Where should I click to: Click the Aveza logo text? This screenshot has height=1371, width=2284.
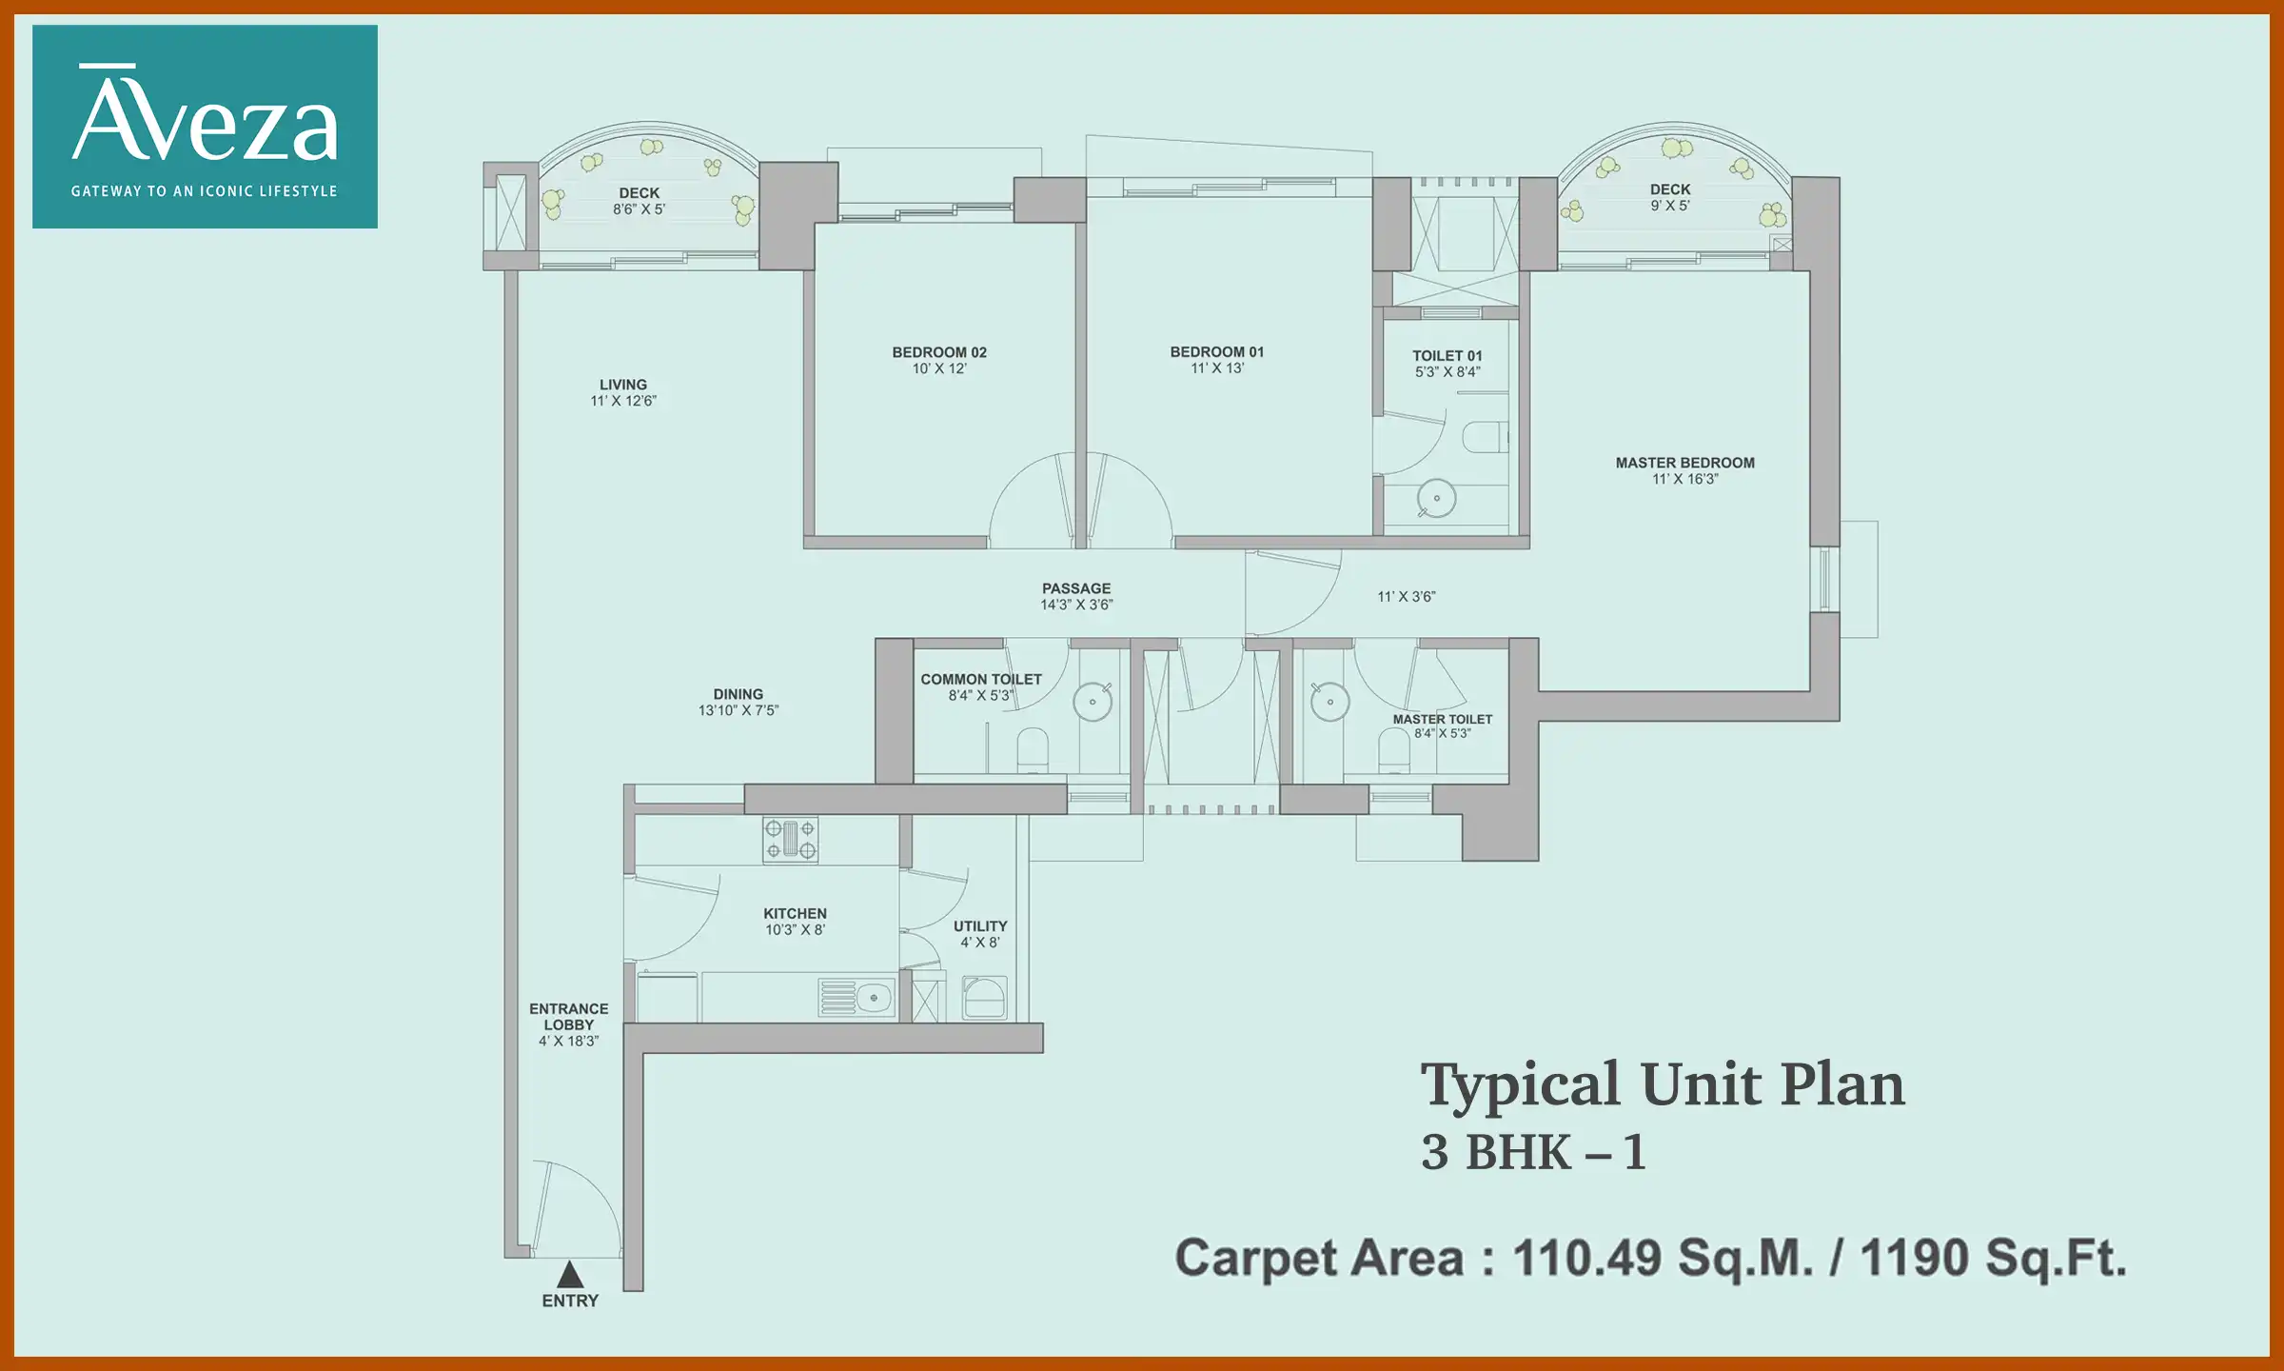pyautogui.click(x=205, y=120)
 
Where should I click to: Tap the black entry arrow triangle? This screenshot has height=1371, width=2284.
pyautogui.click(x=570, y=1274)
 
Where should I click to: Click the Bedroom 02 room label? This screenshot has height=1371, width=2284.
pyautogui.click(x=938, y=352)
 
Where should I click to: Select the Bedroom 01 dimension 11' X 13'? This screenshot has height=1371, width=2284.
pyautogui.click(x=1216, y=368)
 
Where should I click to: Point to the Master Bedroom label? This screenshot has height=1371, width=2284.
pyautogui.click(x=1684, y=463)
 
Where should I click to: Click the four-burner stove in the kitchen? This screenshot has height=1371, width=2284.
pyautogui.click(x=790, y=840)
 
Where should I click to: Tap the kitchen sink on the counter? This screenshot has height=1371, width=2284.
pyautogui.click(x=856, y=998)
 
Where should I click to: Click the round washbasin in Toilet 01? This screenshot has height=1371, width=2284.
pyautogui.click(x=1436, y=498)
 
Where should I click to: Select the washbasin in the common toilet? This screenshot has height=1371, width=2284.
pyautogui.click(x=1093, y=702)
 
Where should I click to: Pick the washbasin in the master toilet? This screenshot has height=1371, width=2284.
pyautogui.click(x=1329, y=702)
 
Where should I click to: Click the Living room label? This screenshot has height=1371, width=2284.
pyautogui.click(x=622, y=385)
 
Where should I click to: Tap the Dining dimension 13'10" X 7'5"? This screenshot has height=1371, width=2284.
pyautogui.click(x=738, y=710)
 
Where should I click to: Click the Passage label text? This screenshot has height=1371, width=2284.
pyautogui.click(x=1075, y=588)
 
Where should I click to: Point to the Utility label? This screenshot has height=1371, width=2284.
pyautogui.click(x=979, y=926)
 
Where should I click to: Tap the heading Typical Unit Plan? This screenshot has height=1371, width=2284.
pyautogui.click(x=1662, y=1084)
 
